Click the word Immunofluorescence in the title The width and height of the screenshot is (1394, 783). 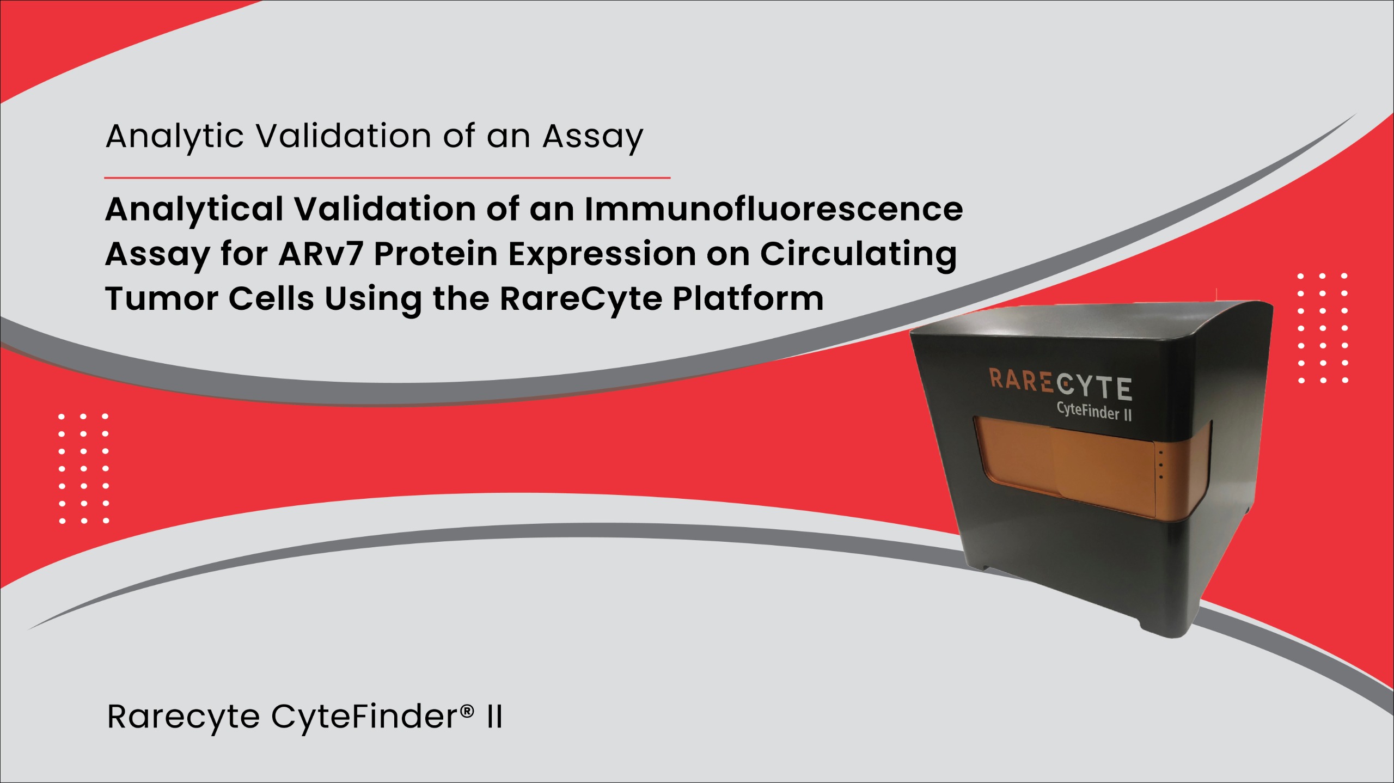point(774,209)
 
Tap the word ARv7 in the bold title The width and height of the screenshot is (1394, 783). point(321,254)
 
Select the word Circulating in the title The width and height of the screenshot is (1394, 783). point(858,255)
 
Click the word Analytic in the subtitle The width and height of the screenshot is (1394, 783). point(175,136)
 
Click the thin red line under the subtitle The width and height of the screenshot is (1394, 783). point(387,178)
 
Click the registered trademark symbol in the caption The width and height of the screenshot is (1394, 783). point(467,711)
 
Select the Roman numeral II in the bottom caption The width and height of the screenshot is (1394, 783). point(494,717)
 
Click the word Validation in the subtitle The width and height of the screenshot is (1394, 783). point(344,136)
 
